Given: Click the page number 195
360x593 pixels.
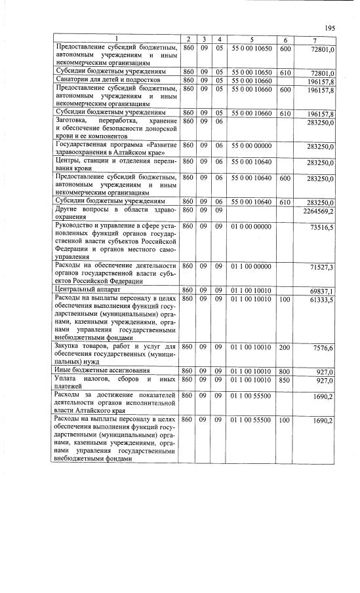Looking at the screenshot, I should (x=329, y=28).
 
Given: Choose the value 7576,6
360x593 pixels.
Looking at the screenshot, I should (x=324, y=349).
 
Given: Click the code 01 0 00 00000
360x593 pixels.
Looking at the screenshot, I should (x=250, y=226).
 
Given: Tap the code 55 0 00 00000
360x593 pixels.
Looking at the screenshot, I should (x=250, y=146).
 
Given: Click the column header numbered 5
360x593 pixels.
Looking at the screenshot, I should (x=250, y=41).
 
